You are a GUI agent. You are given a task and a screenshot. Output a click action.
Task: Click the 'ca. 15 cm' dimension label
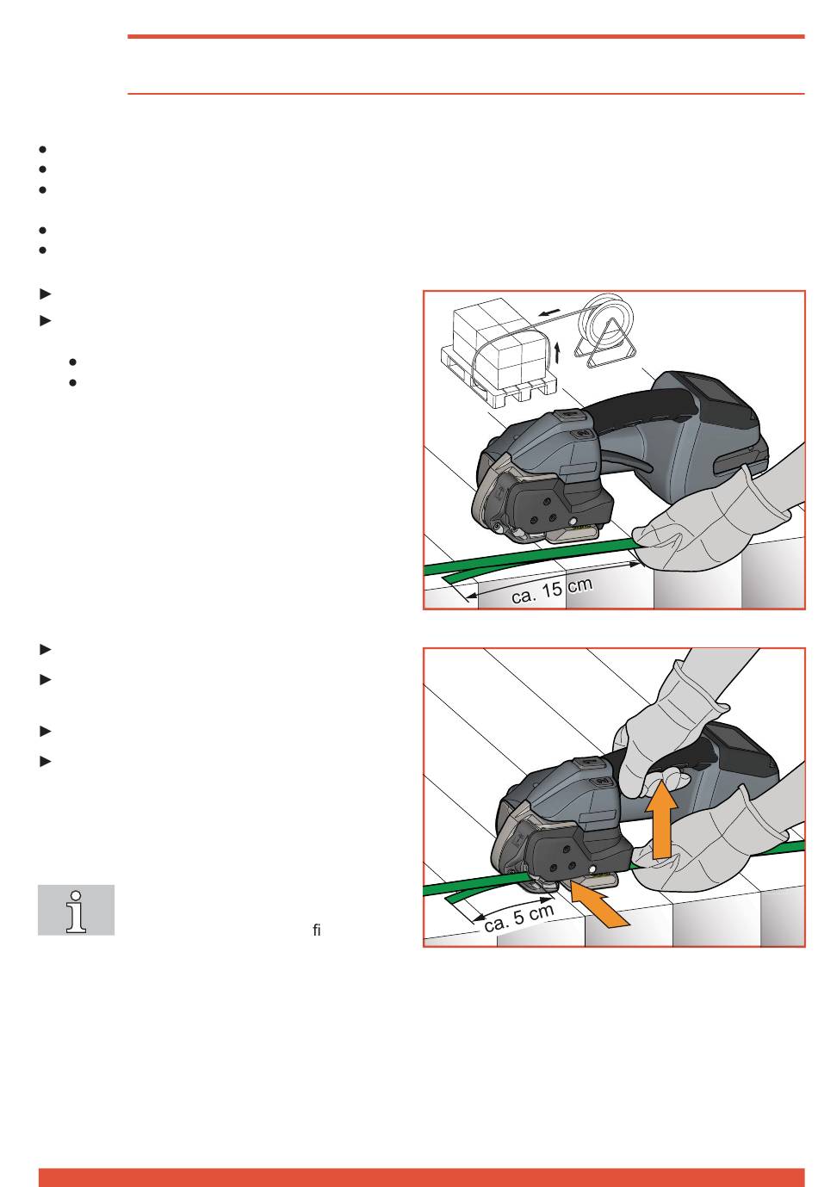pyautogui.click(x=551, y=590)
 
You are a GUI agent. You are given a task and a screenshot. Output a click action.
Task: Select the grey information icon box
pyautogui.click(x=76, y=909)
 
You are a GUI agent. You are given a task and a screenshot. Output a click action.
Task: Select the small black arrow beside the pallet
pyautogui.click(x=556, y=352)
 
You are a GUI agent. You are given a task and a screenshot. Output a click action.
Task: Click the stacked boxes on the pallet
pyautogui.click(x=499, y=339)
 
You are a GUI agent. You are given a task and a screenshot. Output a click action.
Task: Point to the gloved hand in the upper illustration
pyautogui.click(x=716, y=514)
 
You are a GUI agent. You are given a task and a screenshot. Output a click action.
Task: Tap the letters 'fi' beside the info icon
pyautogui.click(x=317, y=930)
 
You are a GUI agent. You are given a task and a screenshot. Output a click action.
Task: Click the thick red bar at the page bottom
pyautogui.click(x=421, y=1177)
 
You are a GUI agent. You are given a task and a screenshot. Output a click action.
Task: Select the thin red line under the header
pyautogui.click(x=466, y=94)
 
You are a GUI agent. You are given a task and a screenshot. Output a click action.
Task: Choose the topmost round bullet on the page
pyautogui.click(x=42, y=150)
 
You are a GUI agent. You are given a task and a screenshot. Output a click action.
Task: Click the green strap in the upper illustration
pyautogui.click(x=530, y=559)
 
